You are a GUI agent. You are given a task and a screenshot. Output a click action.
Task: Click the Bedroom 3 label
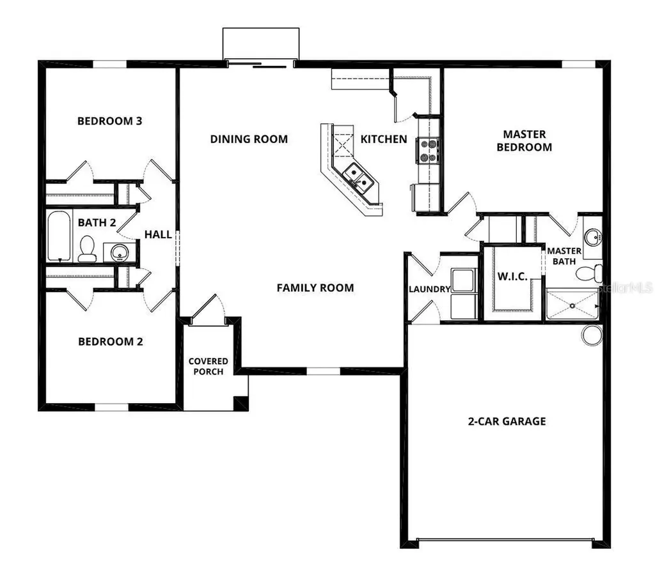pyautogui.click(x=109, y=121)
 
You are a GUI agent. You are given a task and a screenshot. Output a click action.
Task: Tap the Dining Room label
pyautogui.click(x=249, y=139)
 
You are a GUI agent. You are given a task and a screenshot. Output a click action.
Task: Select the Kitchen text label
pyautogui.click(x=384, y=139)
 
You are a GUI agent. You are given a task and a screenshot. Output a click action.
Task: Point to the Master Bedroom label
pyautogui.click(x=525, y=141)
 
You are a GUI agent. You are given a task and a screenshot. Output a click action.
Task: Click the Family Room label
pyautogui.click(x=315, y=287)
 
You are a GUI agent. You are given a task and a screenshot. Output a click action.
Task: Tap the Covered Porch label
pyautogui.click(x=208, y=367)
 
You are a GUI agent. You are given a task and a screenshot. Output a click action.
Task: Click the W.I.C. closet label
pyautogui.click(x=512, y=277)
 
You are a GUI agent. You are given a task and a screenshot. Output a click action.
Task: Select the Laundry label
pyautogui.click(x=430, y=289)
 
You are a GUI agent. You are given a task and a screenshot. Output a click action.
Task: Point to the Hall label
pyautogui.click(x=158, y=234)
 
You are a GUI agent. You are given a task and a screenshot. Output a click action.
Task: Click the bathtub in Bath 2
pyautogui.click(x=59, y=236)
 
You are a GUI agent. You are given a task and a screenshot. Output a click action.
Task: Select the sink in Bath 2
pyautogui.click(x=120, y=252)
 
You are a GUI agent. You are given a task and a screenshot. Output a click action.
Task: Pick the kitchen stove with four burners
pyautogui.click(x=427, y=149)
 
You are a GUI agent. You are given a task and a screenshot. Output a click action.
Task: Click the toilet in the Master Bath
pyautogui.click(x=588, y=274)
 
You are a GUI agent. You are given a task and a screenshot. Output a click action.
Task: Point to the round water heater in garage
pyautogui.click(x=592, y=335)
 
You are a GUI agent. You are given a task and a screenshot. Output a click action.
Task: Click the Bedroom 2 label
pyautogui.click(x=110, y=341)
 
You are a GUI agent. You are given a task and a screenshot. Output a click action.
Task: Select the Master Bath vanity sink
pyautogui.click(x=592, y=238)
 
